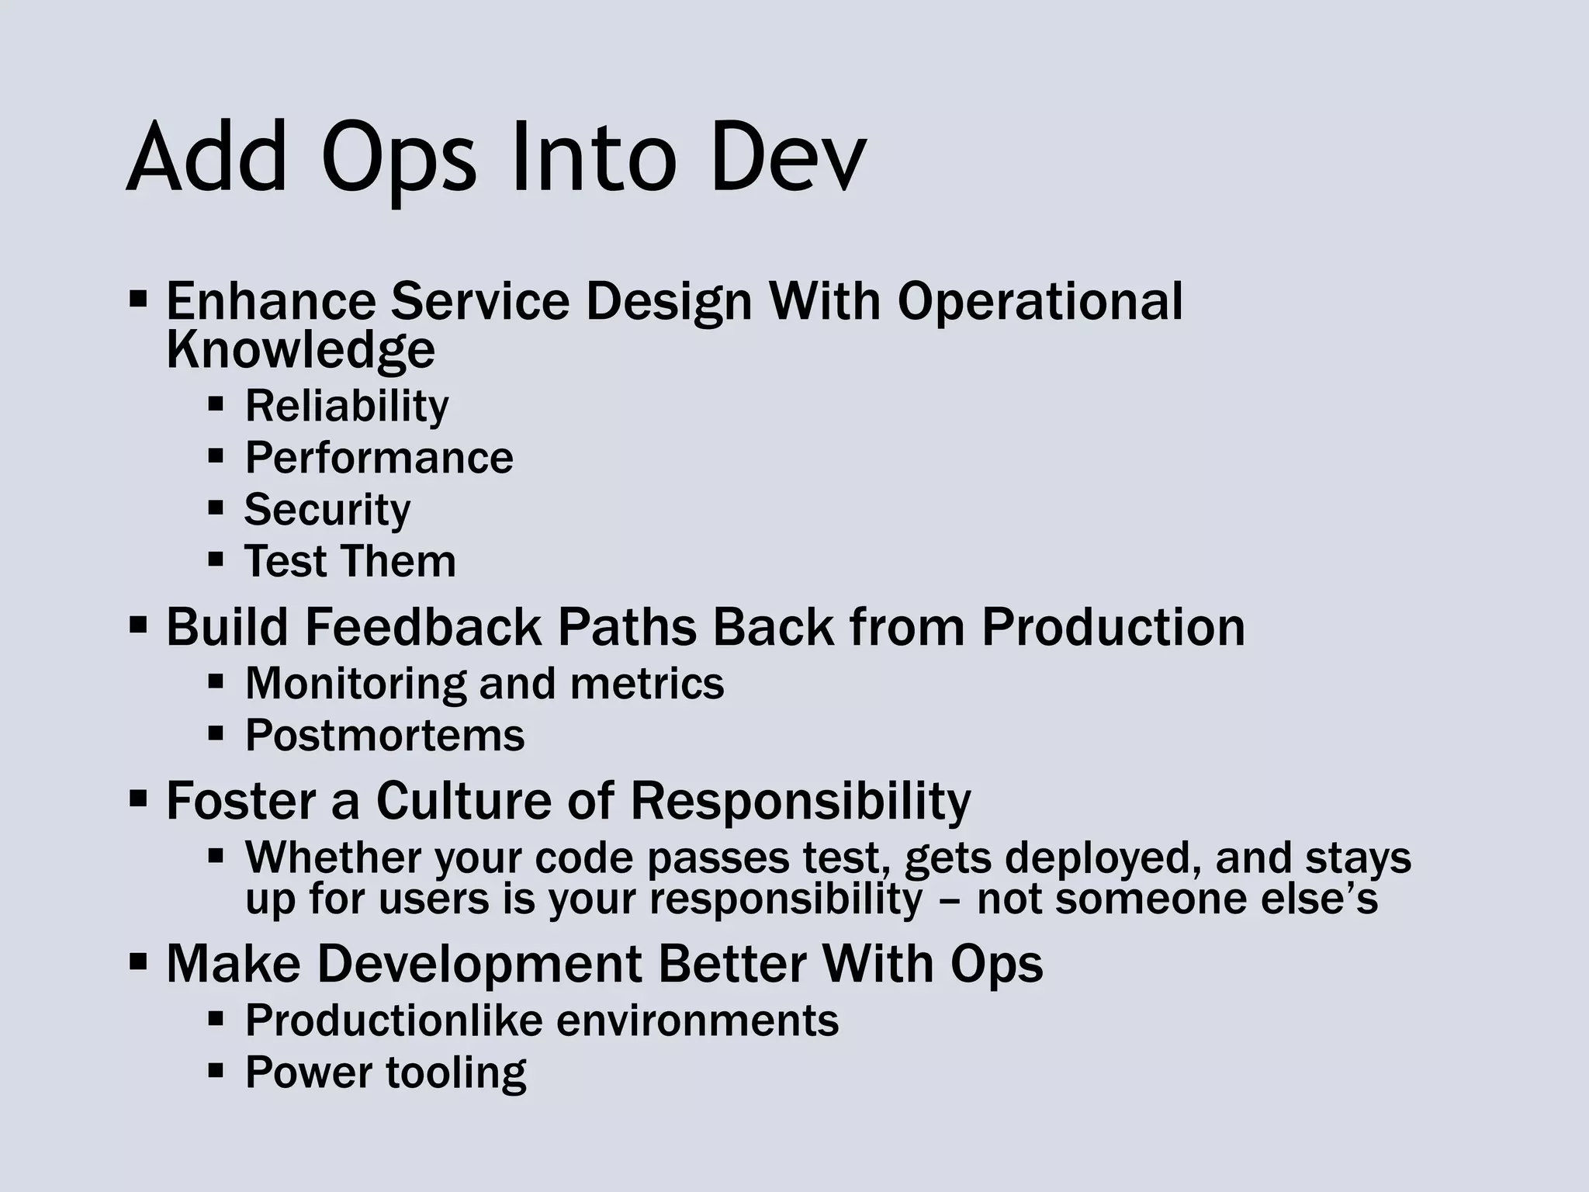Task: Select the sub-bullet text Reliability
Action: (346, 406)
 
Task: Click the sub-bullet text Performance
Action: (379, 458)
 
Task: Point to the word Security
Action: (327, 510)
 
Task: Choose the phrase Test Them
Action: (350, 561)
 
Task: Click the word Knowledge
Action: (300, 351)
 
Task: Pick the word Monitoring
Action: (355, 684)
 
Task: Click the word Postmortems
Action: (385, 735)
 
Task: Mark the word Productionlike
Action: (394, 1020)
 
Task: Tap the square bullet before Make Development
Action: (138, 963)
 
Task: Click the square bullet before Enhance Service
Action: (138, 300)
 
